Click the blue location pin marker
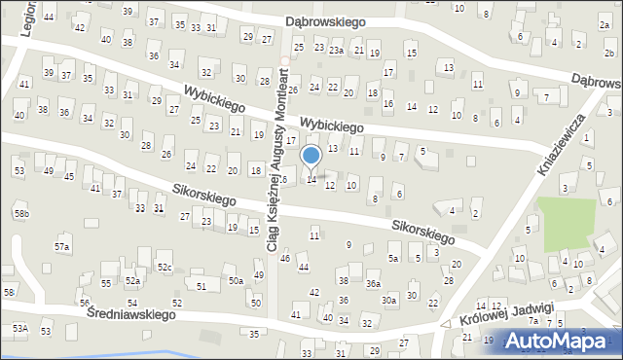311,156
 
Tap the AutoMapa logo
559,341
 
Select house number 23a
337,50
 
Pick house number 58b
21,214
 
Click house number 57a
62,247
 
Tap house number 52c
165,267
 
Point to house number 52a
132,281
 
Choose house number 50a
236,280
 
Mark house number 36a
373,284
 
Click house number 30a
388,301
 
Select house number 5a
393,259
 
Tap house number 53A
19,330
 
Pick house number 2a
605,24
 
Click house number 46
285,258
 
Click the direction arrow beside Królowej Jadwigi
446,324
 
